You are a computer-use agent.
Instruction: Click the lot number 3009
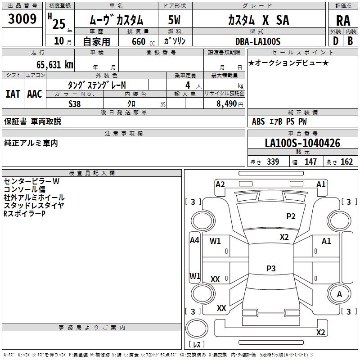tap(22, 19)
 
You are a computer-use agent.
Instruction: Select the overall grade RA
tap(343, 21)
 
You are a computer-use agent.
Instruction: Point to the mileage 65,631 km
tap(50, 64)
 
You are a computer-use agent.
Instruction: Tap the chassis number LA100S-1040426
tap(302, 143)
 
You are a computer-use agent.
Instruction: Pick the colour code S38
tap(75, 103)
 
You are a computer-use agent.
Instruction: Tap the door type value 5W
tap(174, 20)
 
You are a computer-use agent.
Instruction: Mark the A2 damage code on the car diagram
tap(220, 184)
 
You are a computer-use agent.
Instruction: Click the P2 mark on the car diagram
tap(291, 216)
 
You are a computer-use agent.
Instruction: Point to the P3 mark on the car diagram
tap(271, 269)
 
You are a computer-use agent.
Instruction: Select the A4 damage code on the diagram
tap(194, 240)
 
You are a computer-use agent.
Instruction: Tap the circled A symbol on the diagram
tap(339, 294)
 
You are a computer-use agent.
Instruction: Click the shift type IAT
tap(13, 94)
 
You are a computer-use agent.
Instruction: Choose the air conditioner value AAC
tap(34, 94)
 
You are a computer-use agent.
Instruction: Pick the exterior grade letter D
tap(336, 40)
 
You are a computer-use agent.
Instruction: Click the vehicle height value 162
tap(346, 162)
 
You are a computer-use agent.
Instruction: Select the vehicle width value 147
tap(310, 162)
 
